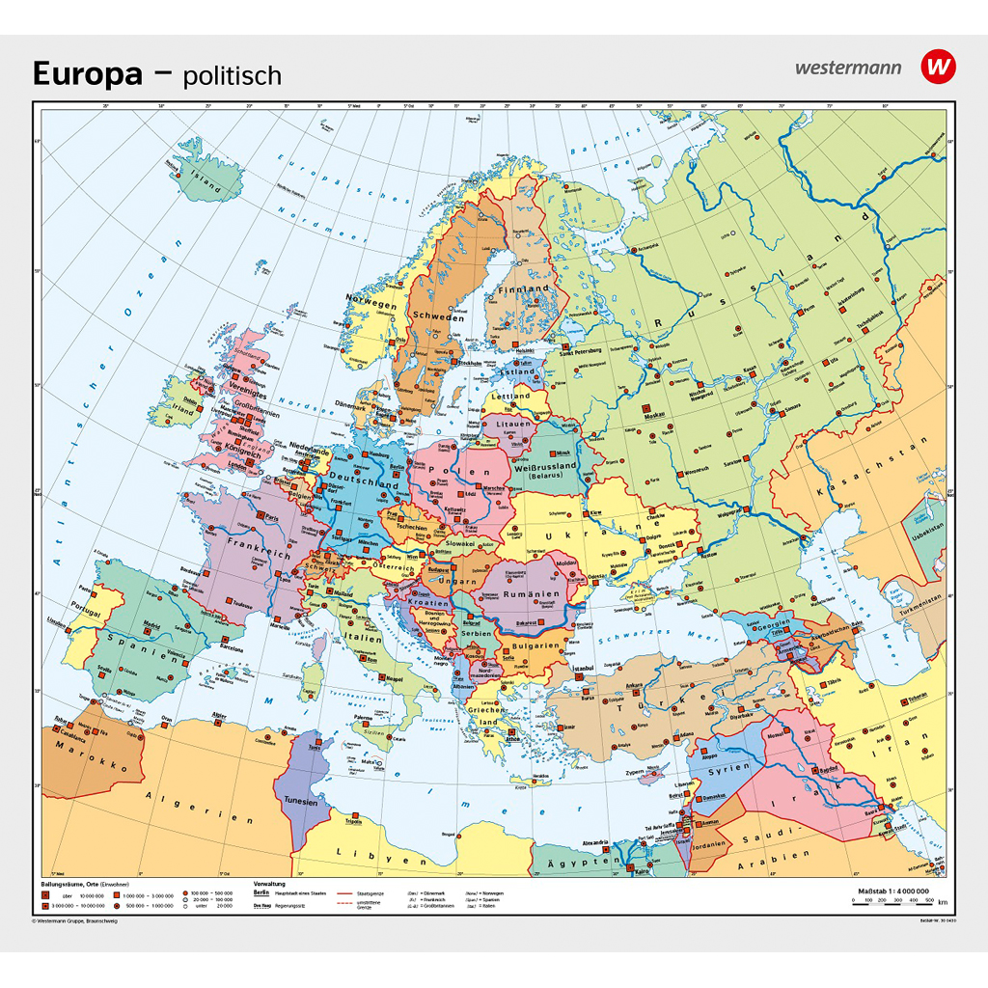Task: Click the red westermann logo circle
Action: (x=937, y=67)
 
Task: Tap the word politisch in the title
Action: (x=234, y=75)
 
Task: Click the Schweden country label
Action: (x=435, y=316)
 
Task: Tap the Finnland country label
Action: (x=523, y=288)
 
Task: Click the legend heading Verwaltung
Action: (x=270, y=883)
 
